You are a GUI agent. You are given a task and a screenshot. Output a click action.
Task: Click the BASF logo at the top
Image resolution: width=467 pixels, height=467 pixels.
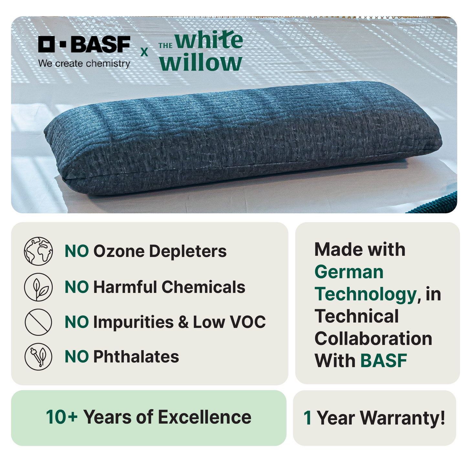point(84,44)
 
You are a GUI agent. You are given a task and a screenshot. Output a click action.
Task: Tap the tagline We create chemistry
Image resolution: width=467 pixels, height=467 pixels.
point(84,63)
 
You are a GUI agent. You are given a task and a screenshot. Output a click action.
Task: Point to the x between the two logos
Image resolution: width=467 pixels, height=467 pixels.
point(144,52)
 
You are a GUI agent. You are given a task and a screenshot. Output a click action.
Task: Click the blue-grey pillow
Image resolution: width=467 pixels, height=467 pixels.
point(242,138)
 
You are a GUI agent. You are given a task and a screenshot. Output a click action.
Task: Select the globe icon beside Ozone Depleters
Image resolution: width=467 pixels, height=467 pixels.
point(38,251)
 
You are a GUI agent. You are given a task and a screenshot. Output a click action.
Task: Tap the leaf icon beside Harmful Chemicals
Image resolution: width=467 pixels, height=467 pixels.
point(38,287)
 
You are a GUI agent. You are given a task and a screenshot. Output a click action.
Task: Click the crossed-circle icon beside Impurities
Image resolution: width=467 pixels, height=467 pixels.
point(38,322)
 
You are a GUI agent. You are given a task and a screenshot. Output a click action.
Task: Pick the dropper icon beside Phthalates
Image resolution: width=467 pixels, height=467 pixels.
point(38,357)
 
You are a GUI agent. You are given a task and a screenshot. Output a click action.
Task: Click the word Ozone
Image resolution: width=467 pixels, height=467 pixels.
point(119,251)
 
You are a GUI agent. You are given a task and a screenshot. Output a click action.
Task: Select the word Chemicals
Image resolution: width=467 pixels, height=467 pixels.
point(203,287)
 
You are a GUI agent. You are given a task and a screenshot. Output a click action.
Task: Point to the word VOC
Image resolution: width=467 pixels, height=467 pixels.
point(248,322)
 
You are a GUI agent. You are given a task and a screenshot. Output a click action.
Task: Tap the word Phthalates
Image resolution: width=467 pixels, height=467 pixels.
point(136,357)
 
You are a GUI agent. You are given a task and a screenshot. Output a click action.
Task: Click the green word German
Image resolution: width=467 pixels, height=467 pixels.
point(349,272)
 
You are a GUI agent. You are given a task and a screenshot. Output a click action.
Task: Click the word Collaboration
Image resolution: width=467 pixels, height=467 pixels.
point(374,339)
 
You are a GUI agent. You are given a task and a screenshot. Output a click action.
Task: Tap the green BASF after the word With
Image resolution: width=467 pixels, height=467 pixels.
point(384,361)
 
